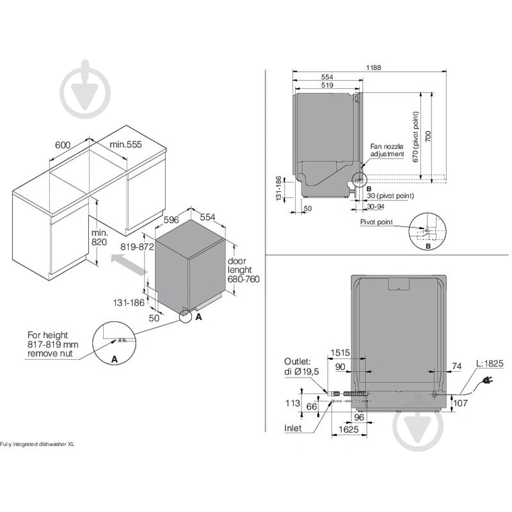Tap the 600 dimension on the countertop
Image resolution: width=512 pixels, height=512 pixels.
point(62,145)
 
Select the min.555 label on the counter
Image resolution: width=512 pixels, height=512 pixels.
point(125,145)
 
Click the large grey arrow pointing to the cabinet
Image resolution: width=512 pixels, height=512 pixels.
point(127,263)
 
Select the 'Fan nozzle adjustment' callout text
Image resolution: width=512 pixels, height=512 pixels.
point(387,150)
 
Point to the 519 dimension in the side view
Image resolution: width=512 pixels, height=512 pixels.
point(327,84)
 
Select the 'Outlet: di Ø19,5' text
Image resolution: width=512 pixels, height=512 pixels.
point(298,365)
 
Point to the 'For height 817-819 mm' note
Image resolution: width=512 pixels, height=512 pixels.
point(51,344)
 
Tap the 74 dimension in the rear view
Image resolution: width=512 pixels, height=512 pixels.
point(456,365)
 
